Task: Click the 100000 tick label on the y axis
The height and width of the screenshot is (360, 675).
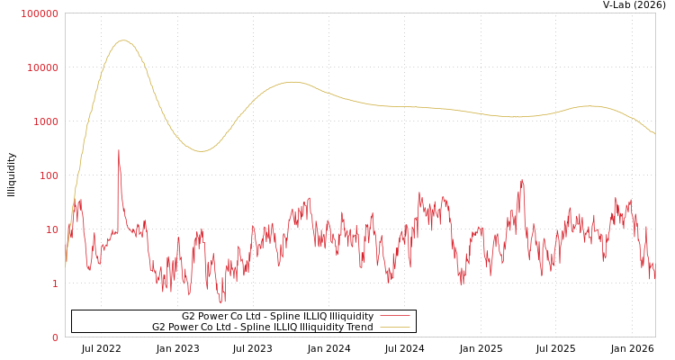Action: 40,13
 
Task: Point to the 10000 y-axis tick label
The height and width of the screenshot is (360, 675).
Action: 42,67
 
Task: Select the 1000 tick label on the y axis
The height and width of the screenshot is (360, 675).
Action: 45,121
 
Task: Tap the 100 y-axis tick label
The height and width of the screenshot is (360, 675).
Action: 48,175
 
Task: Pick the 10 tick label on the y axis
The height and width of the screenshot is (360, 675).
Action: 51,229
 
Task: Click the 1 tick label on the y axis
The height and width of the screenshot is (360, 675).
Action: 54,283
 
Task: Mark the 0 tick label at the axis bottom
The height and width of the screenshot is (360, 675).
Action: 54,337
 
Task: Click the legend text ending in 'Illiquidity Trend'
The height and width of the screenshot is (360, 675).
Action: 262,327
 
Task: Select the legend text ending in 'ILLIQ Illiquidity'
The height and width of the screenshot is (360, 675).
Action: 277,316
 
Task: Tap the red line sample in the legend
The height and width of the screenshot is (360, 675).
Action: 394,316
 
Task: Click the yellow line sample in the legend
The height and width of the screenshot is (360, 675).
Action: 394,327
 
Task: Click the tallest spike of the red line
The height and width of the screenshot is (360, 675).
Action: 118,150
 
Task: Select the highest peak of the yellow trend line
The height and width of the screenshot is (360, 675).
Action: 123,40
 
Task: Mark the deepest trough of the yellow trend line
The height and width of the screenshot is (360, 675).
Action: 201,151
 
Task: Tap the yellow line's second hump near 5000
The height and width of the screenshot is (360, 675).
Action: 292,82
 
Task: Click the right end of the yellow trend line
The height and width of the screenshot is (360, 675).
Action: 654,134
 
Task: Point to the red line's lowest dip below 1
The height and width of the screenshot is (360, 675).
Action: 220,302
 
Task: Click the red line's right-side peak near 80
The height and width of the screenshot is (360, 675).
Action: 521,180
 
